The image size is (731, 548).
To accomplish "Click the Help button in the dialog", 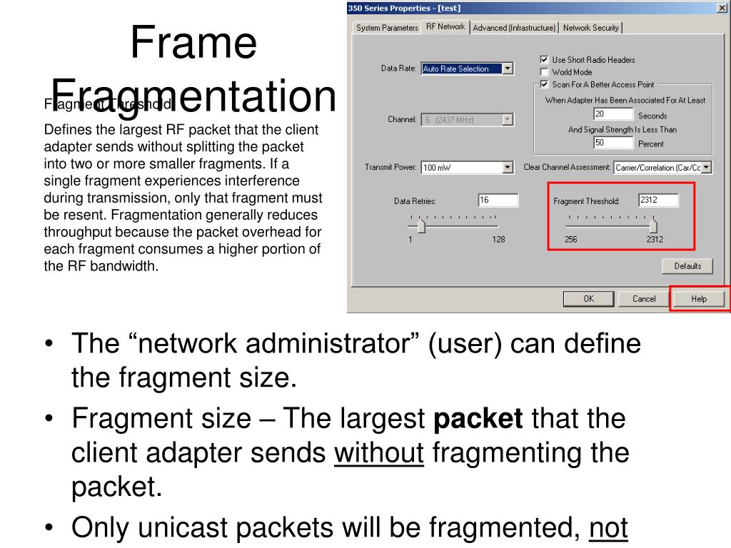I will pos(699,299).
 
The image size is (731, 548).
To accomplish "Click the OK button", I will pos(588,299).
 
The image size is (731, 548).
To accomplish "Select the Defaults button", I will pos(687,266).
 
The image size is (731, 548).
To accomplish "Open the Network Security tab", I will pos(591,28).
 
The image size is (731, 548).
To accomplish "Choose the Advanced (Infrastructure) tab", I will pos(514,28).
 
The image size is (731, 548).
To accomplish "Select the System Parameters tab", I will pos(387,28).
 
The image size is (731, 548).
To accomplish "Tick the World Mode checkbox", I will pos(545,72).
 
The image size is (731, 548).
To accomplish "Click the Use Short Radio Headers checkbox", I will pos(545,60).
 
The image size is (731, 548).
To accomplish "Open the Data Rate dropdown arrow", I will pos(508,68).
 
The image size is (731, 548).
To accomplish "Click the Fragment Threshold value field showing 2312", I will pos(657,201).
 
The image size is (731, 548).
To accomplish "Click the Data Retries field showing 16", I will pos(498,201).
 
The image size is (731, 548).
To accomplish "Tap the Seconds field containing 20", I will pos(613,115).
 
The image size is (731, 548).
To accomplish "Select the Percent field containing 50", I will pos(613,143).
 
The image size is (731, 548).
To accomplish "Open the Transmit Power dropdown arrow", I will pos(508,168).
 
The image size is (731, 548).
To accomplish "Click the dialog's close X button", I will pos(722,8).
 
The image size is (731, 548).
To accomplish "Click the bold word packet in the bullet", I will pos(479,418).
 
